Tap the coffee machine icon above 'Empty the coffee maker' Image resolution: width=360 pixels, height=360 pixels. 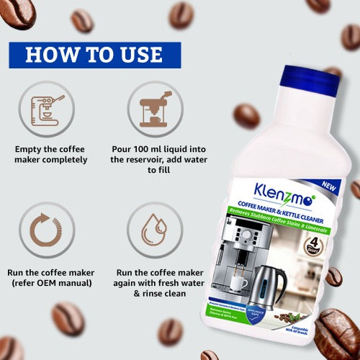pos(45,109)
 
